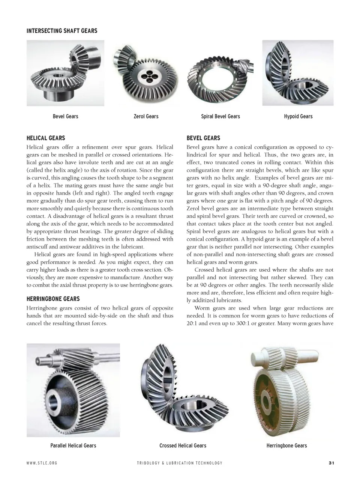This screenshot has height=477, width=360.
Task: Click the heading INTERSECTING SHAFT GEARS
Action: [x=62, y=31]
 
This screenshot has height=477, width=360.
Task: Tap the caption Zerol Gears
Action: [x=146, y=116]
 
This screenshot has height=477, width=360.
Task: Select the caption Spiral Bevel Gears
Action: [x=220, y=116]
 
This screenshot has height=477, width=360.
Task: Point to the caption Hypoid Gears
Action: [x=298, y=116]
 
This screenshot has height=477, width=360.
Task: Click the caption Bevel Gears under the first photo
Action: [x=66, y=116]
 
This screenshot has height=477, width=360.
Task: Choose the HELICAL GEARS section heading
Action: [x=46, y=138]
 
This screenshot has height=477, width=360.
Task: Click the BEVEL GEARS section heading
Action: [x=203, y=138]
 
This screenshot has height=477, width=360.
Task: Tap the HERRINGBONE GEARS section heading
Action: [x=53, y=299]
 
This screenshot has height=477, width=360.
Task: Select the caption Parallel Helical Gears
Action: [x=73, y=445]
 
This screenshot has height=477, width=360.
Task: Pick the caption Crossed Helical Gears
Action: [x=183, y=445]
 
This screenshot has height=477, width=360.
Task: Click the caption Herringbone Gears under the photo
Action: [x=286, y=445]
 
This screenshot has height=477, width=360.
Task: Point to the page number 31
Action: [x=331, y=463]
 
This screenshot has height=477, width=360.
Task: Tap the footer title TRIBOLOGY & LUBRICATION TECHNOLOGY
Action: [x=180, y=463]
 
